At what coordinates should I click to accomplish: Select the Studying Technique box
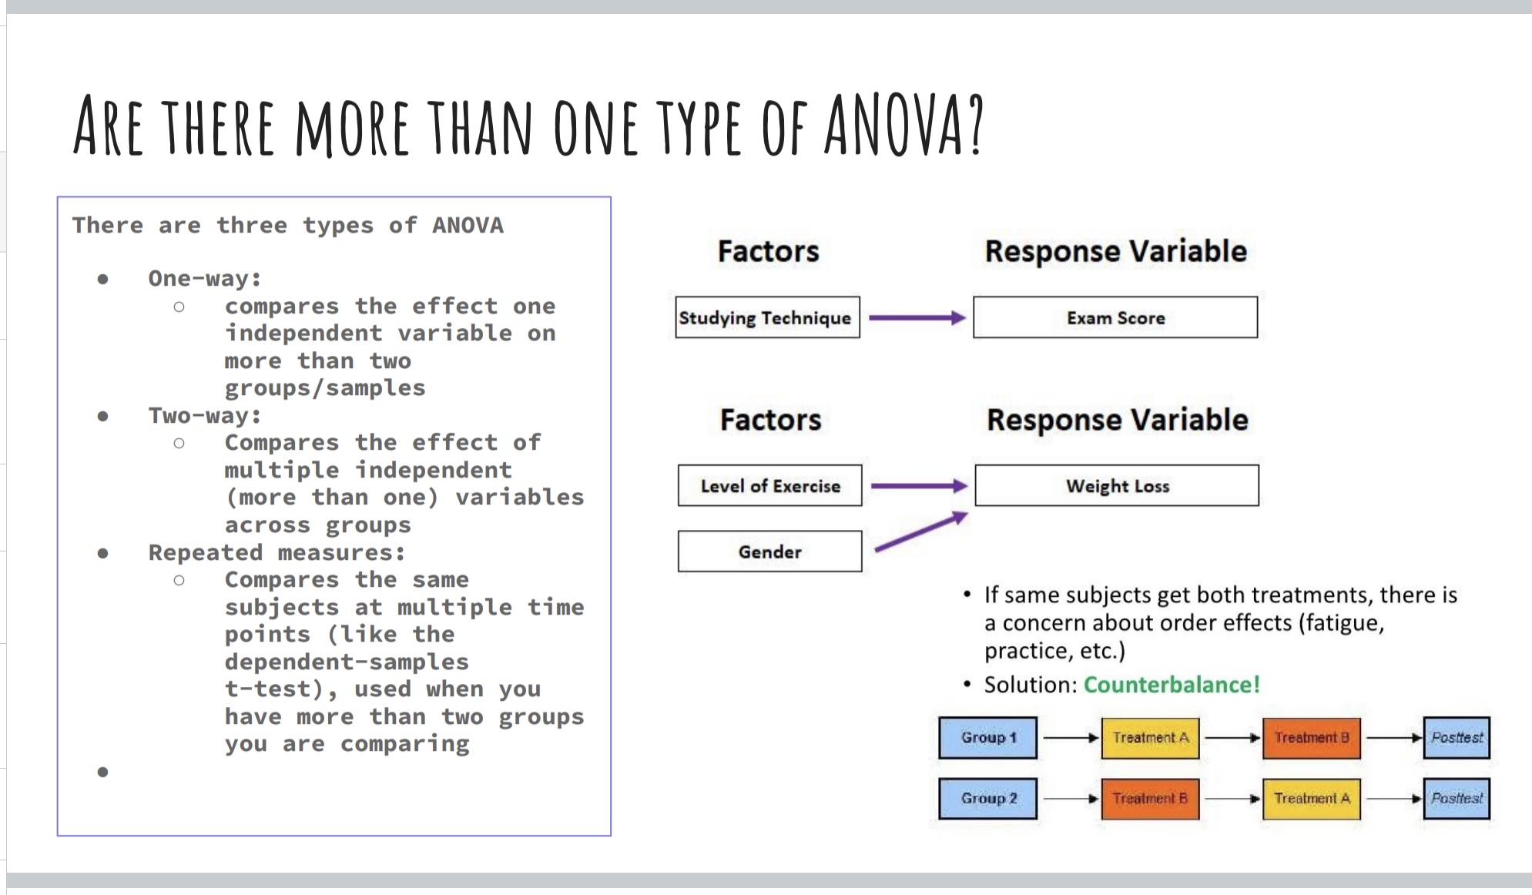pyautogui.click(x=767, y=317)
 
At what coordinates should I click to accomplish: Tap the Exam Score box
pyautogui.click(x=1115, y=317)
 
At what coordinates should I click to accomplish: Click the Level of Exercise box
pyautogui.click(x=770, y=485)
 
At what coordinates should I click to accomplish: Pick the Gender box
pyautogui.click(x=770, y=551)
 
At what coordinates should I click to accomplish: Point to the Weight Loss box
pyautogui.click(x=1117, y=485)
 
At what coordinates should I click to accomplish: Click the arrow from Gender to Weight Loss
pyautogui.click(x=921, y=532)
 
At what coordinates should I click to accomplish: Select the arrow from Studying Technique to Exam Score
pyautogui.click(x=917, y=317)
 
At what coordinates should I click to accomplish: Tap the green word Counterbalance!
pyautogui.click(x=1172, y=685)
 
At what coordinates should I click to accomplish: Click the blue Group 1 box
pyautogui.click(x=988, y=738)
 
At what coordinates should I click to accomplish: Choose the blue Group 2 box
pyautogui.click(x=988, y=799)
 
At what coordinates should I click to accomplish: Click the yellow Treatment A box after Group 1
pyautogui.click(x=1150, y=738)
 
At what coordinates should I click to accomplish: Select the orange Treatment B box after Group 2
pyautogui.click(x=1150, y=799)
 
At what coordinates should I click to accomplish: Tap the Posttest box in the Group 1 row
pyautogui.click(x=1457, y=738)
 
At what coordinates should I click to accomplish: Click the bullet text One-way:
pyautogui.click(x=205, y=278)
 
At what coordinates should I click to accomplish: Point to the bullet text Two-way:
pyautogui.click(x=205, y=415)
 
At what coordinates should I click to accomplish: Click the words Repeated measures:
pyautogui.click(x=277, y=552)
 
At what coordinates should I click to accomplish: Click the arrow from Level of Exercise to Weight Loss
pyautogui.click(x=919, y=485)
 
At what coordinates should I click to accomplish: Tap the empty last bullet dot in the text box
pyautogui.click(x=102, y=772)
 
